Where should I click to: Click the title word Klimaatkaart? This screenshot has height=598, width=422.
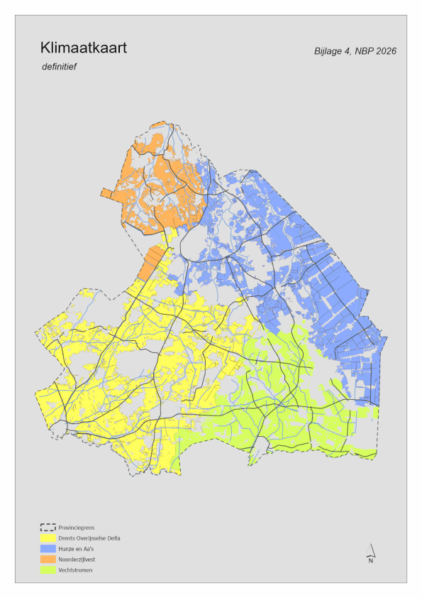pos(84,48)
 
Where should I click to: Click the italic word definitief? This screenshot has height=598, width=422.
pos(59,67)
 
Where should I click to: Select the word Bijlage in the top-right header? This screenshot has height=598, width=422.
pos(330,51)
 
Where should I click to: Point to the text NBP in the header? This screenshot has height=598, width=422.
pos(362,51)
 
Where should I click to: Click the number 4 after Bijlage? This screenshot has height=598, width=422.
pos(348,51)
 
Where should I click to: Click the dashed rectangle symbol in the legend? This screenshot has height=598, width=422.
pos(48,528)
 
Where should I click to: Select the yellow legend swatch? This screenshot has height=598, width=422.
pos(48,538)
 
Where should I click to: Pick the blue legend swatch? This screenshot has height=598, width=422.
pos(48,549)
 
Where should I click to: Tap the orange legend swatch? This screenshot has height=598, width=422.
pos(48,560)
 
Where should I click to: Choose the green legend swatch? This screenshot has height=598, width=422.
pos(48,570)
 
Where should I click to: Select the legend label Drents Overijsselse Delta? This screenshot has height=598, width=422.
pos(89,538)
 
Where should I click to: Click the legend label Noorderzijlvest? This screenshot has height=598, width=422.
pos(77,560)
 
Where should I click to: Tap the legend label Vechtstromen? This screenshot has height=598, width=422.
pos(76,570)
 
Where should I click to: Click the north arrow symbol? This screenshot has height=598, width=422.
pos(370,550)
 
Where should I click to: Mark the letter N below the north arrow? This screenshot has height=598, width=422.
pos(370,561)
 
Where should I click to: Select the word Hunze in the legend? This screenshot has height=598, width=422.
pos(68,549)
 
